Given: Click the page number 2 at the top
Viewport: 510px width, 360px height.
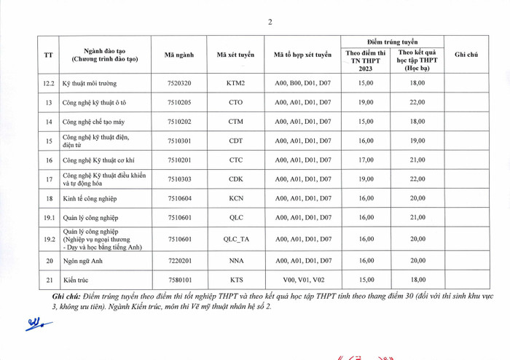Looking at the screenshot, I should tap(270, 22).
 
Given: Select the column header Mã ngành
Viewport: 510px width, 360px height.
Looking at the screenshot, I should tap(179, 55).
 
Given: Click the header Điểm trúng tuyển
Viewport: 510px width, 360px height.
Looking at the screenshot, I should tap(393, 42).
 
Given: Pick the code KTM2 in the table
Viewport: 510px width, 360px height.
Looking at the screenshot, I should tap(236, 83).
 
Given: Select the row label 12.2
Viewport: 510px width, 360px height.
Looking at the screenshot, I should tap(49, 83).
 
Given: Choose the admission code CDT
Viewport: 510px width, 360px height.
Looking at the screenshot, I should tap(236, 141).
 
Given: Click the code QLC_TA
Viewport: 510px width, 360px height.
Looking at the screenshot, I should tap(236, 238).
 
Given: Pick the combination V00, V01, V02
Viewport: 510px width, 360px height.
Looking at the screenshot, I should tap(302, 279).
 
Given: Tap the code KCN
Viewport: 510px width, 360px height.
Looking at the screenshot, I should tap(236, 198).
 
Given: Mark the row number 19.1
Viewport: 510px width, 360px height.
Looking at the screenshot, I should tap(49, 217).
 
